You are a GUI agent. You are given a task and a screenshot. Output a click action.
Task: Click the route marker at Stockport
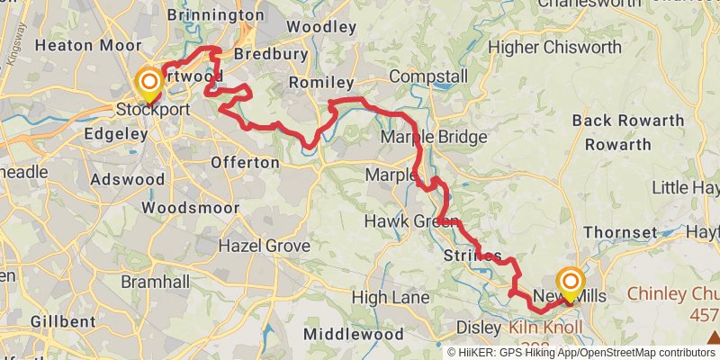[148, 85]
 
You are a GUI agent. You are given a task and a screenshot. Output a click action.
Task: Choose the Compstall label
[428, 76]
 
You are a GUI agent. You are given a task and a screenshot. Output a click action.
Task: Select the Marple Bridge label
[434, 138]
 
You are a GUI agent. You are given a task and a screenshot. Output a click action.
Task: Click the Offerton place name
[244, 162]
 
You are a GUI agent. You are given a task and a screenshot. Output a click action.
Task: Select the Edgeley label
[114, 134]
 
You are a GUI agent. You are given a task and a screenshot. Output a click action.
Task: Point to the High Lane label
[385, 297]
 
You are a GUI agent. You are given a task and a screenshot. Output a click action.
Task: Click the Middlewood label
[354, 334]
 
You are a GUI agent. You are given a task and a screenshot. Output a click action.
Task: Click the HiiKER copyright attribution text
[580, 353]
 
